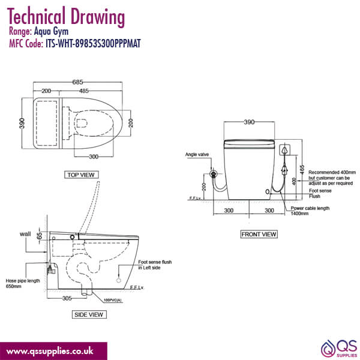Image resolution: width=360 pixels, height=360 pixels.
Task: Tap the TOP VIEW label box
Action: tap(82, 175)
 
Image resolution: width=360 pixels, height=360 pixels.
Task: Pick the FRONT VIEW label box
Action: tap(259, 234)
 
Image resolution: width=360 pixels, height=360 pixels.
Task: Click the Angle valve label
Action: tap(197, 154)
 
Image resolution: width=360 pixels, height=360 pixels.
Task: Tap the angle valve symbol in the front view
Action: tap(212, 175)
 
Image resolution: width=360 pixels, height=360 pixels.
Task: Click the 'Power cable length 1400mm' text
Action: tap(310, 211)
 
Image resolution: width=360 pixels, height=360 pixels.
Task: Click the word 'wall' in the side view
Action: tap(25, 233)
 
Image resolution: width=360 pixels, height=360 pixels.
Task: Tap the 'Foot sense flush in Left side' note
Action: tap(157, 264)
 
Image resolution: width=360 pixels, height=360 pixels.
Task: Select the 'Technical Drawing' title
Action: tap(66, 16)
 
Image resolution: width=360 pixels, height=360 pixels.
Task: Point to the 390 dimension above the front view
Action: tap(249, 122)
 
